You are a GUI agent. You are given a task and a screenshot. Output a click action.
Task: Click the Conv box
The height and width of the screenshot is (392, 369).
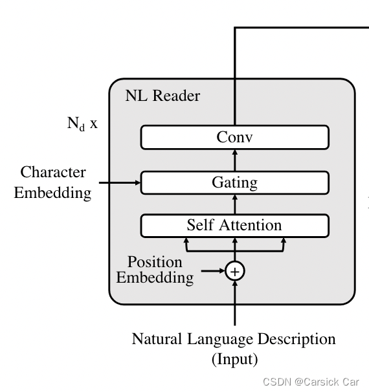click(x=234, y=137)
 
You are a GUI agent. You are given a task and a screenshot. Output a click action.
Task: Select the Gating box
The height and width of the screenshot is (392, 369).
click(x=234, y=182)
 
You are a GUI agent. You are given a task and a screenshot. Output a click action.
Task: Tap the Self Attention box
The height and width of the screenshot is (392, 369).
click(x=234, y=225)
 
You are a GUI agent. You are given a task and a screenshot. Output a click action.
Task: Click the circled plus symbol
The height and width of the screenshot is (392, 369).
click(x=235, y=271)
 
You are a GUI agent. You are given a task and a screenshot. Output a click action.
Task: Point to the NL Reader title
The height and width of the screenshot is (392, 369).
click(x=162, y=96)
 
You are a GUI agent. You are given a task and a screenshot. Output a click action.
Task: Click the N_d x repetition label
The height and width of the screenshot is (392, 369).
click(x=82, y=123)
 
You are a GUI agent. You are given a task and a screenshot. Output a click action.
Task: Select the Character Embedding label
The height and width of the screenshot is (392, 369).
click(x=52, y=182)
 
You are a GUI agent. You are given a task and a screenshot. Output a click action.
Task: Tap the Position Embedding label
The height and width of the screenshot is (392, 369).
click(x=155, y=270)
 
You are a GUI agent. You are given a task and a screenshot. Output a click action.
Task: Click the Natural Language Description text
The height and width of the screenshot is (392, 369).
click(x=234, y=339)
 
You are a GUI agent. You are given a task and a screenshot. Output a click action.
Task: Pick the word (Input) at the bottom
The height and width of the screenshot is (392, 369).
click(x=234, y=359)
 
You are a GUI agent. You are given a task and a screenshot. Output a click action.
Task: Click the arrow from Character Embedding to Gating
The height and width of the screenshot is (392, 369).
click(x=117, y=183)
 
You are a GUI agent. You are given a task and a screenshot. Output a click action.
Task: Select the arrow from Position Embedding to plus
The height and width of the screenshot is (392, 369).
click(x=212, y=271)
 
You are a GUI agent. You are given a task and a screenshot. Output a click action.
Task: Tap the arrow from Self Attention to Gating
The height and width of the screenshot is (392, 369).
click(x=235, y=204)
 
